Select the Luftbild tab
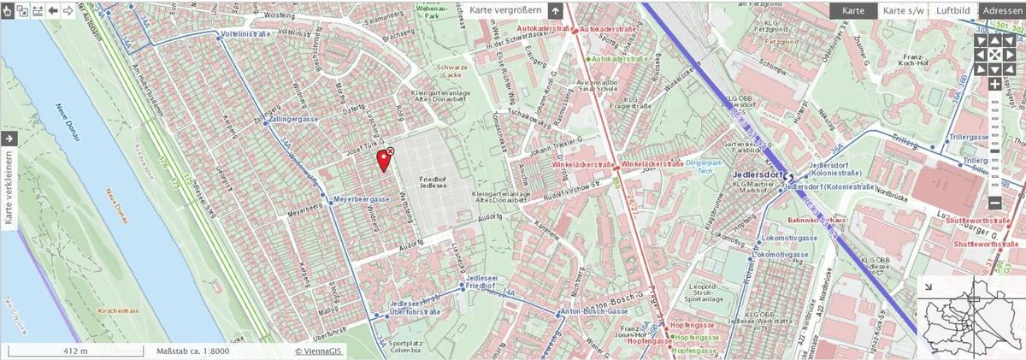[x=952, y=10]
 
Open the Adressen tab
[x=1002, y=10]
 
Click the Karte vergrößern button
[x=505, y=10]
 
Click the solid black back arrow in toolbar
[x=53, y=10]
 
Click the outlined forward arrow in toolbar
[x=68, y=10]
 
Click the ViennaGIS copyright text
[x=321, y=351]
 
